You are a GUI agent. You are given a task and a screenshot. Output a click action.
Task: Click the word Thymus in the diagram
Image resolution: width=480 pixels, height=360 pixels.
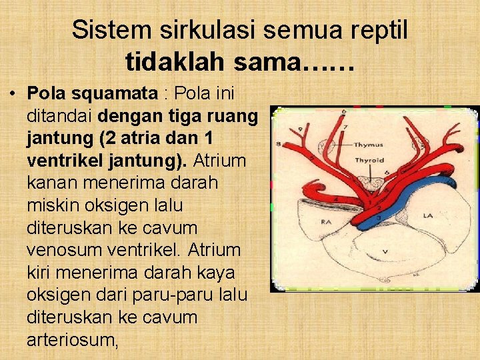[x=369, y=144]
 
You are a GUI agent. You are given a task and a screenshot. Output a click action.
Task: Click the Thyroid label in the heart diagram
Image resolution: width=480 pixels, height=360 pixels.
[x=368, y=160]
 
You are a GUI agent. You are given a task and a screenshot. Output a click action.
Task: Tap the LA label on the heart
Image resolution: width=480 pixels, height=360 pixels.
[x=427, y=215]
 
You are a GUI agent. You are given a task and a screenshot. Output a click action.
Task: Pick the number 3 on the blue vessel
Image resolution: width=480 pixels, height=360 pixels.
[x=379, y=217]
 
